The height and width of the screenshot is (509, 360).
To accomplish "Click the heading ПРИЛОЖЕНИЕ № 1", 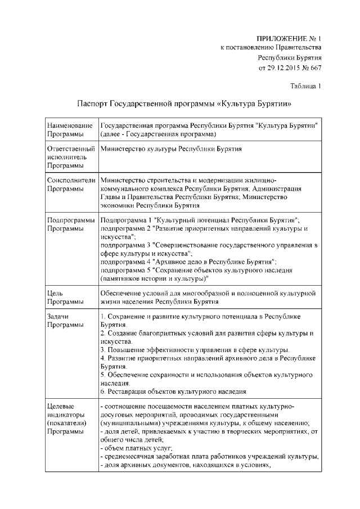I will coord(289,38).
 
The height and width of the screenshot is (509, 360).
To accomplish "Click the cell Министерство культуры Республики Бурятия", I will coord(170,149).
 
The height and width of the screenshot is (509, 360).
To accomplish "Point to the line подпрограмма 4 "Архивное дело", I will coord(188,262).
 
